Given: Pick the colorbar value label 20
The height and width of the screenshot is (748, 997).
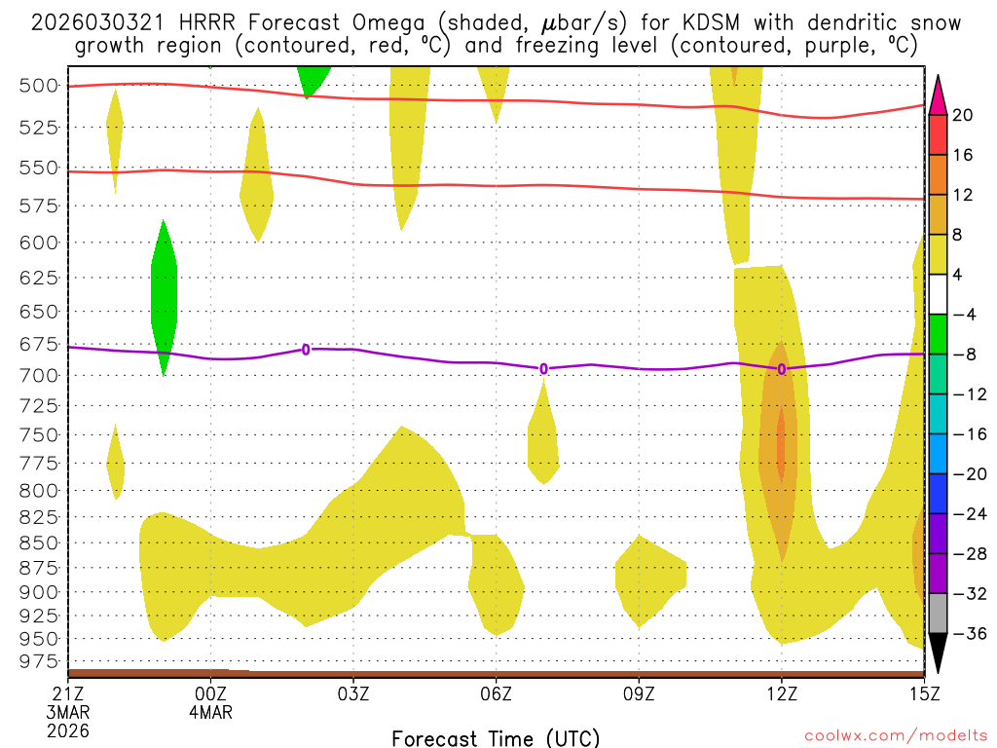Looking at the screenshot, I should [x=963, y=115].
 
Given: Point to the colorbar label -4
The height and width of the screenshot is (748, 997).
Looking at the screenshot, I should [x=963, y=315].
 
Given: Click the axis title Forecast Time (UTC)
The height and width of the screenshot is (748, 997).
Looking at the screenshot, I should [x=496, y=737].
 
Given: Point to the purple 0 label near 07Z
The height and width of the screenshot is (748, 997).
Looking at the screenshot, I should [x=543, y=368].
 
